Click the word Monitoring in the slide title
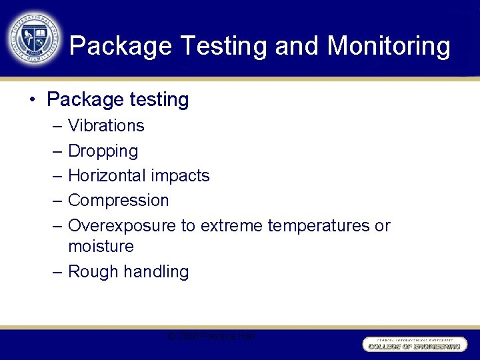[389, 46]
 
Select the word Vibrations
[106, 125]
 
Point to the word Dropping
[103, 151]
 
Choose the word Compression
[118, 200]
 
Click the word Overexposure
[122, 225]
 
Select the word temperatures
[319, 225]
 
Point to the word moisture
[101, 246]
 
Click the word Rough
[90, 271]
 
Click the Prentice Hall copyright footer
[211, 337]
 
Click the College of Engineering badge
[415, 344]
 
